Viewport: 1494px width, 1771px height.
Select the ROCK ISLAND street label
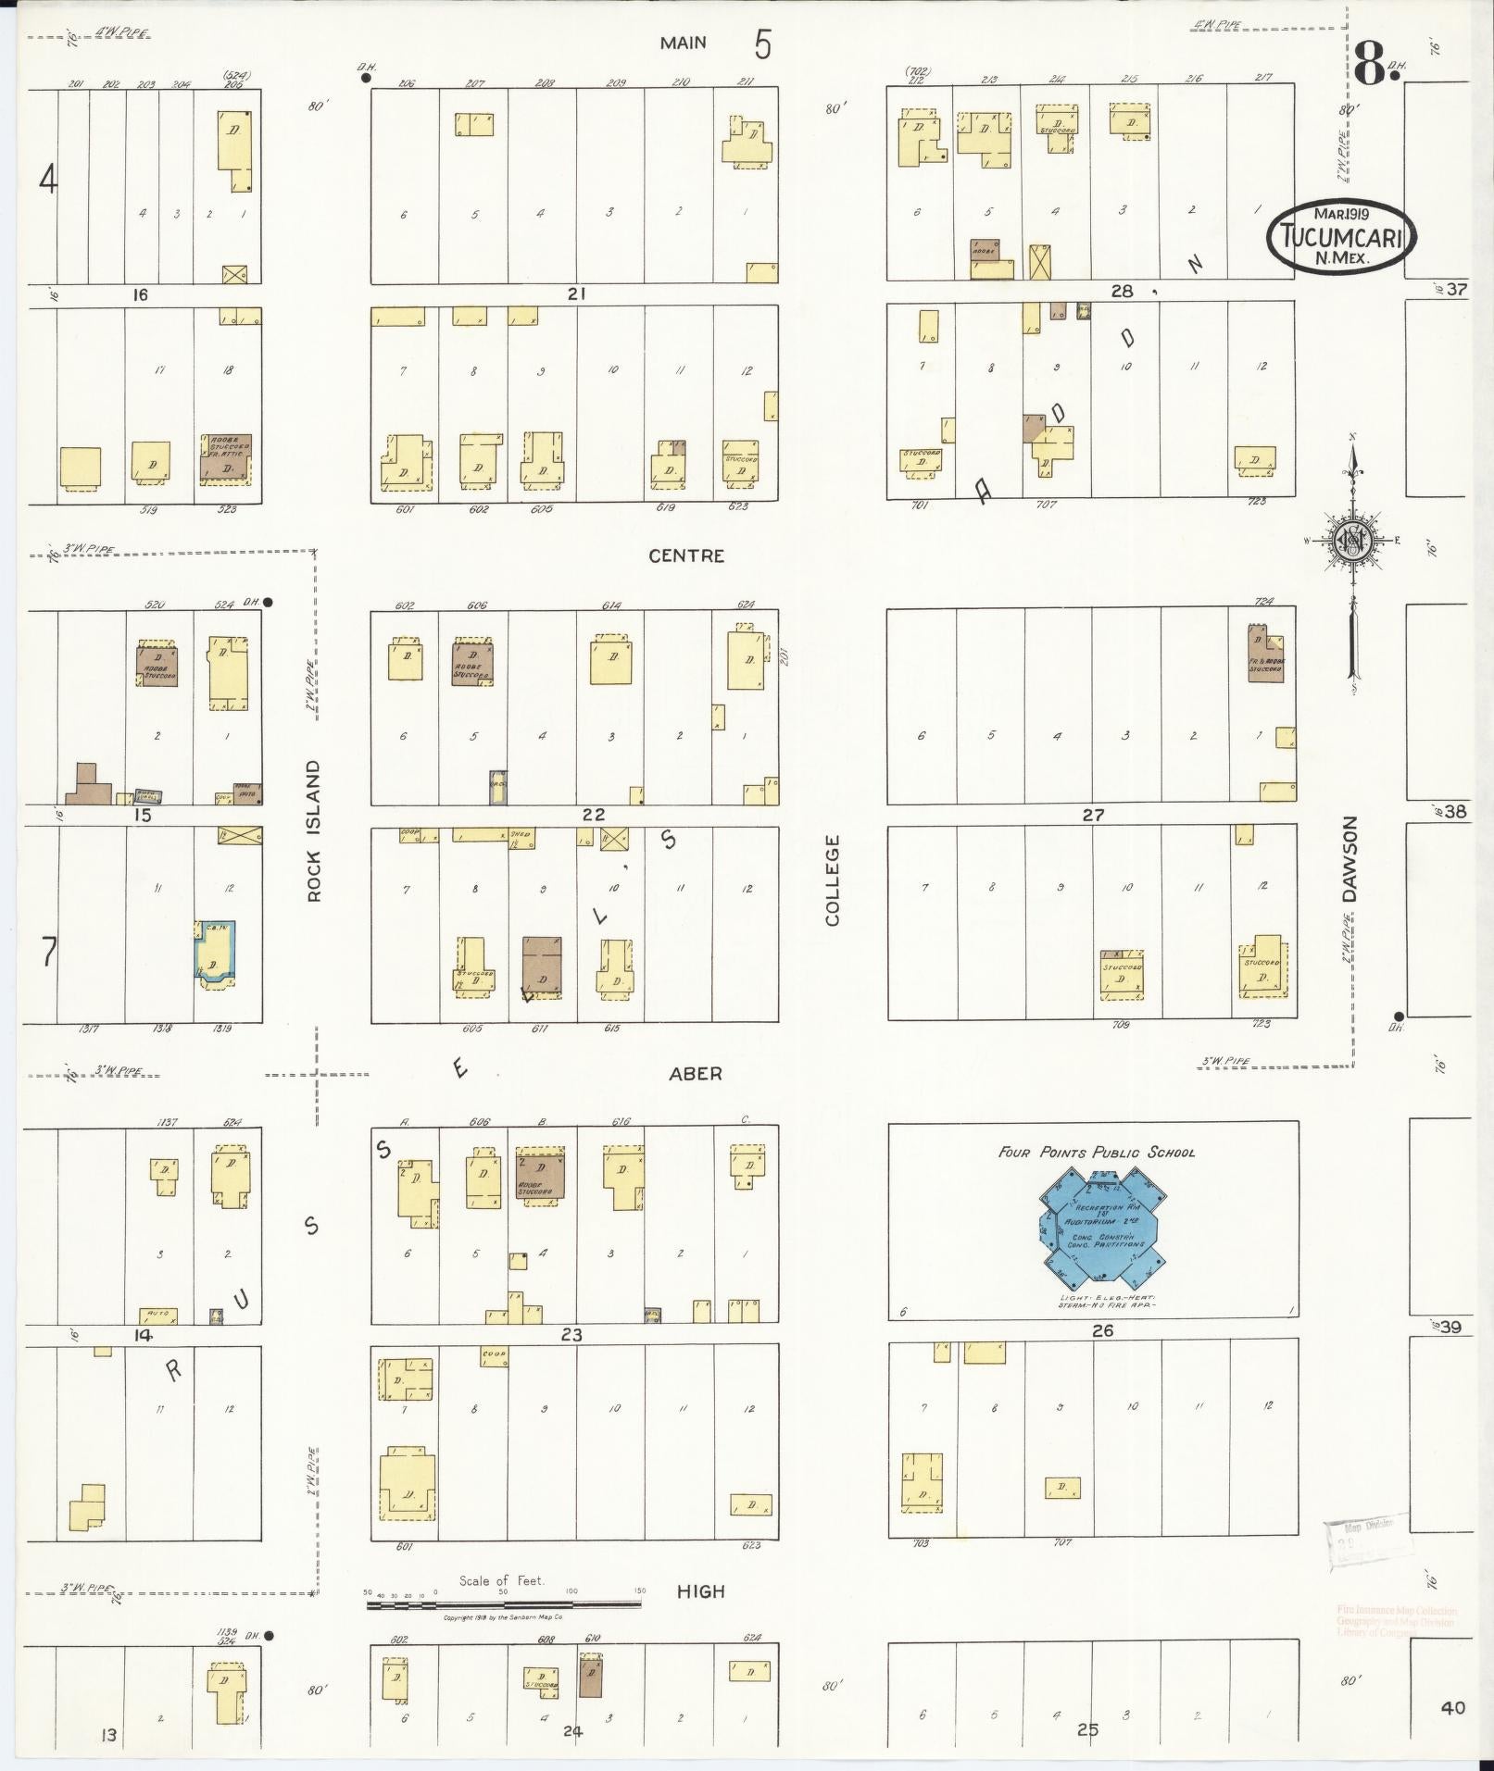313,830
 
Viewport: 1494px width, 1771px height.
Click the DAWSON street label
1350,858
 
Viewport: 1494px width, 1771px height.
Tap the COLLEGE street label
832,879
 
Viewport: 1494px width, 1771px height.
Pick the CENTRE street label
686,555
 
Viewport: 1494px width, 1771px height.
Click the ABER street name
695,1073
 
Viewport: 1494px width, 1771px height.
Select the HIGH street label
699,1591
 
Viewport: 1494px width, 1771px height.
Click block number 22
593,815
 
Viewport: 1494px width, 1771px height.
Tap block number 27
1094,815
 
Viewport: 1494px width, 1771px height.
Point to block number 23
571,1334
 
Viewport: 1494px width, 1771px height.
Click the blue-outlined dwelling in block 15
216,951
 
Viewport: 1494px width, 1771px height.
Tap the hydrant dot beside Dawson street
1399,1015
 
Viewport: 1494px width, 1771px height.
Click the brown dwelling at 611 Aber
542,967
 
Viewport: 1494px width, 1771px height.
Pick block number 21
577,293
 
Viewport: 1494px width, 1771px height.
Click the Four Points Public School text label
1096,1153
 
